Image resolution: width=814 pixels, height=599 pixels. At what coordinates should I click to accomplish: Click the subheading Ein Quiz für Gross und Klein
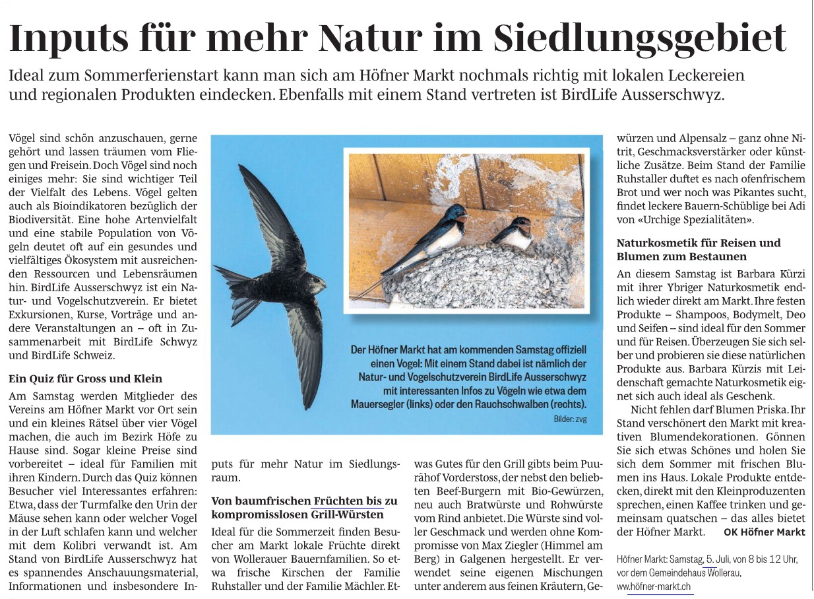(x=85, y=379)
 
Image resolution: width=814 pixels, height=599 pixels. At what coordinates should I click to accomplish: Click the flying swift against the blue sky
(x=277, y=277)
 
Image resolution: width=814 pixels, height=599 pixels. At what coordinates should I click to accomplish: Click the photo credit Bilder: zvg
(x=569, y=419)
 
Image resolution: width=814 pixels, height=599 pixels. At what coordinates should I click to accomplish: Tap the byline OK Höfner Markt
(x=764, y=532)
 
